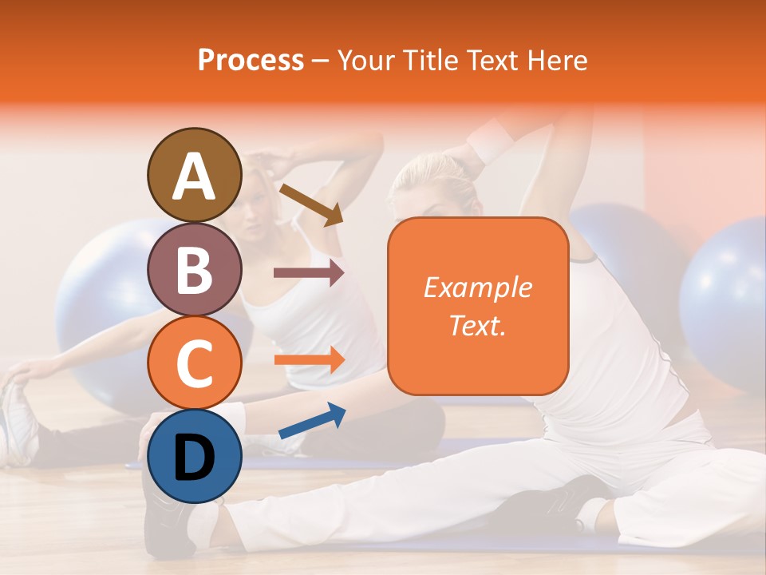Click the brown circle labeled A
194,176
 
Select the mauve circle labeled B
194,269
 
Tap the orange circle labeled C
194,363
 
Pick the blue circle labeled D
194,457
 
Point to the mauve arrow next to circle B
308,272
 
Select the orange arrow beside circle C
309,359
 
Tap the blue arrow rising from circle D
312,421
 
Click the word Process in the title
251,60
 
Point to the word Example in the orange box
477,287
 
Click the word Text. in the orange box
477,325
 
